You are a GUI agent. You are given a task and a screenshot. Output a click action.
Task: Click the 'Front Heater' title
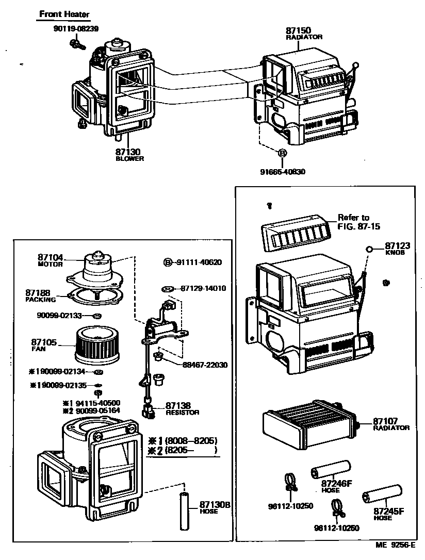pyautogui.click(x=64, y=14)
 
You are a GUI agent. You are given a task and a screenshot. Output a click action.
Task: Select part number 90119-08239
pyautogui.click(x=75, y=29)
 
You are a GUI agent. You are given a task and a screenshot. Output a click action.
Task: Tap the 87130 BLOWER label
pyautogui.click(x=128, y=155)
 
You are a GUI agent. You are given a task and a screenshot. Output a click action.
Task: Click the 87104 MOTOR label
pyautogui.click(x=50, y=259)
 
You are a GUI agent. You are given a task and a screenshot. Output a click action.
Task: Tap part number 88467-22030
pyautogui.click(x=205, y=365)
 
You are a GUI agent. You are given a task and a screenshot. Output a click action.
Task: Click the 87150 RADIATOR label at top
pyautogui.click(x=304, y=34)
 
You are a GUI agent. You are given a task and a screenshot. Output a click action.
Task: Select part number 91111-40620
pyautogui.click(x=192, y=262)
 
